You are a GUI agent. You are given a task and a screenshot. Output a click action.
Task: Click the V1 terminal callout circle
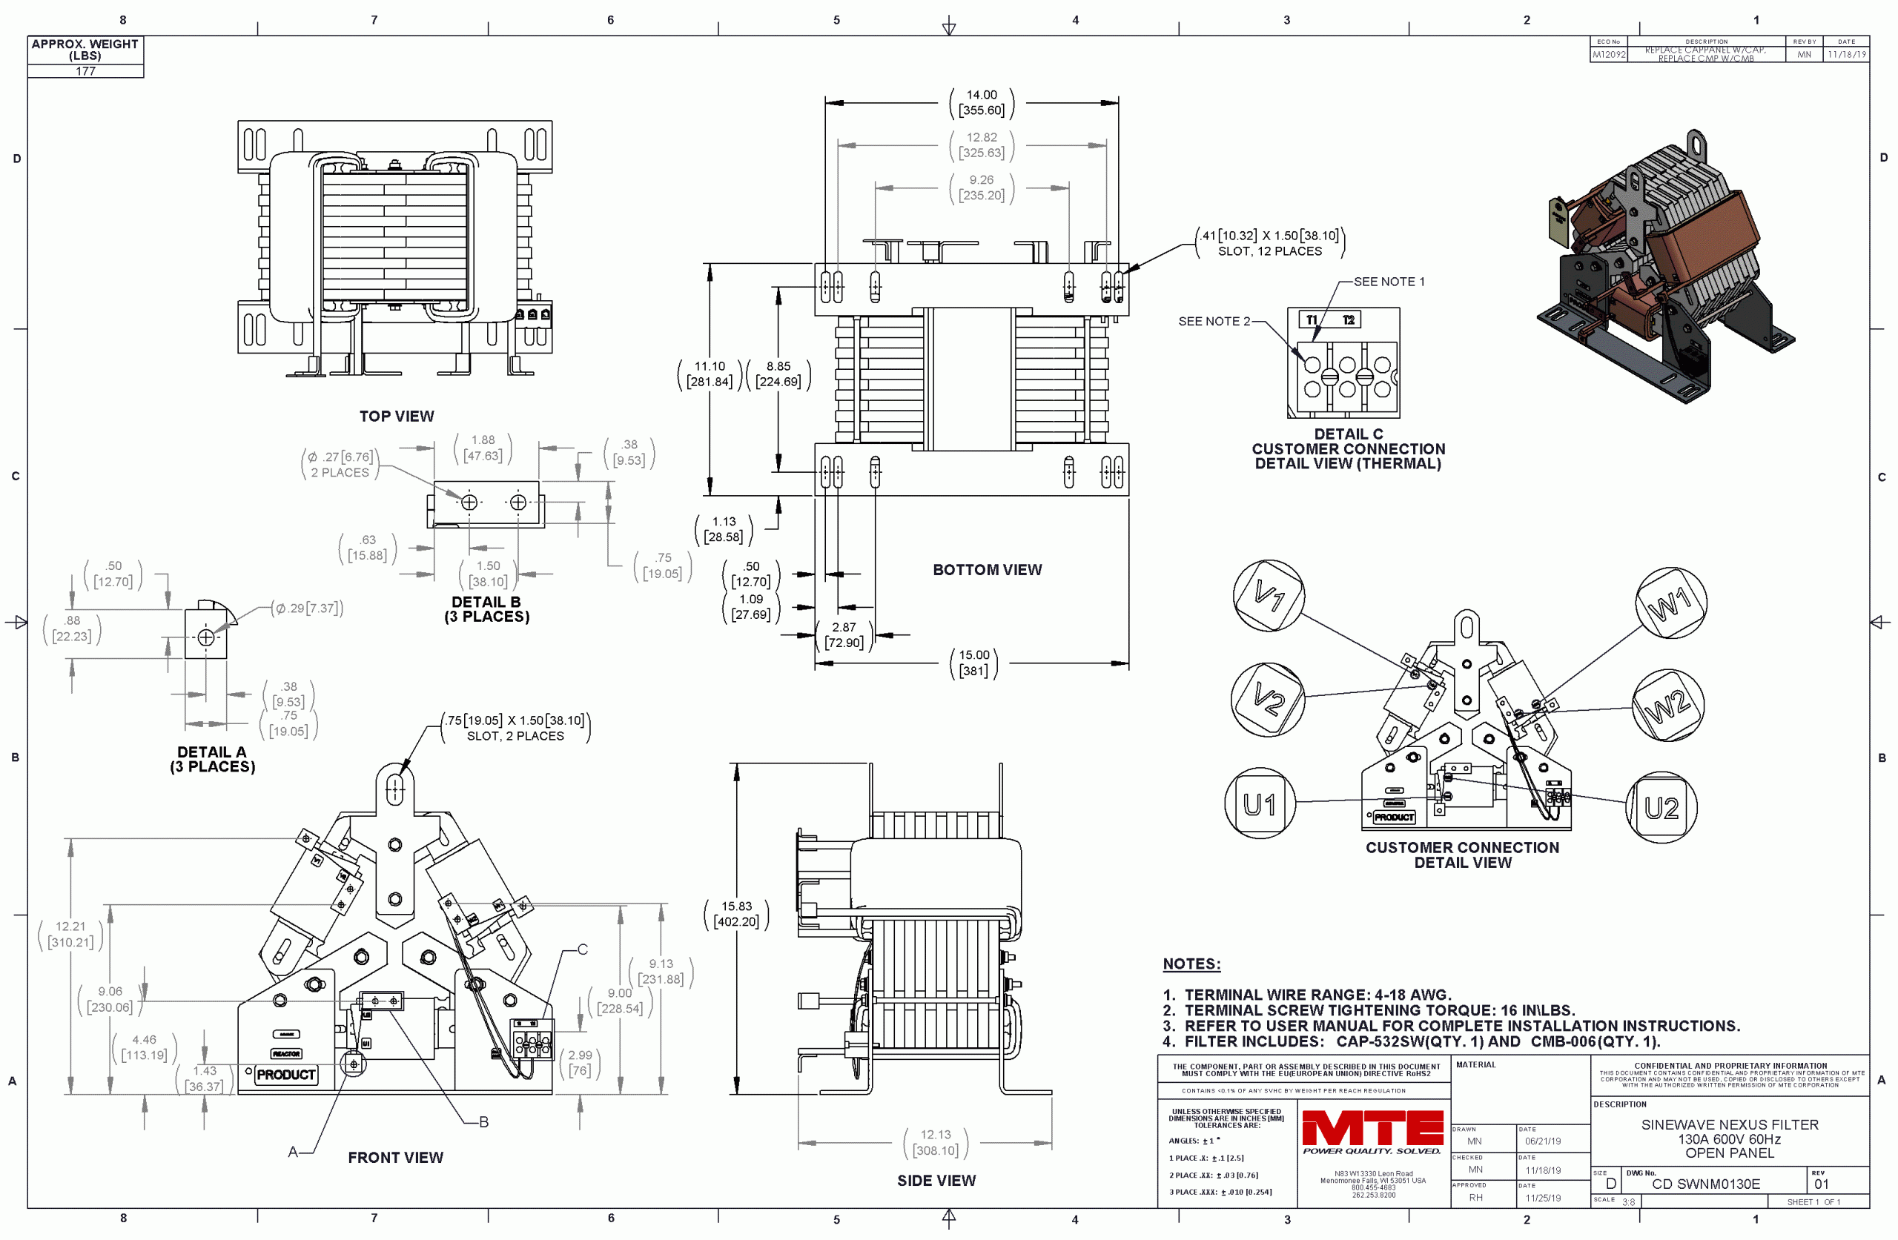tap(1268, 595)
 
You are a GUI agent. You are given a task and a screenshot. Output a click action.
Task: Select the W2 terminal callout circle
tap(1667, 705)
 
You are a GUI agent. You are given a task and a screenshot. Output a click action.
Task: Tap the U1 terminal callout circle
tap(1260, 803)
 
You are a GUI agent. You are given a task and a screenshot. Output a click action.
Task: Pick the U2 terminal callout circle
tap(1661, 808)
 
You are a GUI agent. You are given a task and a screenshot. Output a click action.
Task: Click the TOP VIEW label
tap(397, 417)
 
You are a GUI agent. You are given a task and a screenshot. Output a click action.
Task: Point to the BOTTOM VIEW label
tap(988, 569)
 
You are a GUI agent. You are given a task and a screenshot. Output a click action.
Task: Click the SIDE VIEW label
tap(936, 1180)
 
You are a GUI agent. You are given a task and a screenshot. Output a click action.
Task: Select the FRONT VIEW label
tap(396, 1157)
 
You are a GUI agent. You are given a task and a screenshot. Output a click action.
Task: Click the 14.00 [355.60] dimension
tap(982, 103)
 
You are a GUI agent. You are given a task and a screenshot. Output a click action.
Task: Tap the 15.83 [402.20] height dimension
tap(737, 914)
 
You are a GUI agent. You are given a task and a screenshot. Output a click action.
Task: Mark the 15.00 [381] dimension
tap(973, 663)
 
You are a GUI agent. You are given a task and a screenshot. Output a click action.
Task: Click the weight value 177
tap(85, 71)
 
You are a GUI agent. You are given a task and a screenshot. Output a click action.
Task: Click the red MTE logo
tap(1372, 1128)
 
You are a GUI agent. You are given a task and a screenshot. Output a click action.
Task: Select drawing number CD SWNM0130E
tap(1706, 1184)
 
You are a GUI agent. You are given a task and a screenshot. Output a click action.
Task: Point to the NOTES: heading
tap(1191, 964)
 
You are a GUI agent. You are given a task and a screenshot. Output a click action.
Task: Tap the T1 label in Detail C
tap(1312, 319)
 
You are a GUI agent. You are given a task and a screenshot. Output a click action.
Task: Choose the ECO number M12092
tap(1609, 55)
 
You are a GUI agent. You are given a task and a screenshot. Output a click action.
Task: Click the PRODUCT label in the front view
tap(286, 1074)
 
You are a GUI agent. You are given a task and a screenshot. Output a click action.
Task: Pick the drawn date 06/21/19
tap(1543, 1141)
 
